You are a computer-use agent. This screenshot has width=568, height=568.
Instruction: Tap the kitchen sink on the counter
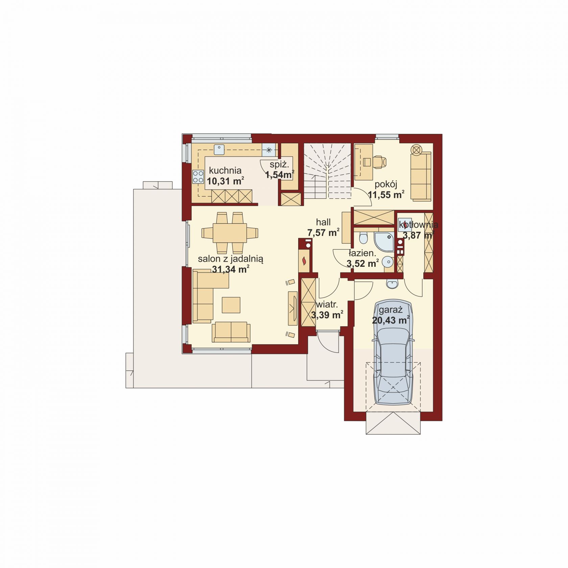pyautogui.click(x=219, y=150)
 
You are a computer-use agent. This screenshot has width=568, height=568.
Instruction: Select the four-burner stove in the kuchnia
pyautogui.click(x=198, y=176)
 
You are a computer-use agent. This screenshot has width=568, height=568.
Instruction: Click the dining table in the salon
pyautogui.click(x=230, y=233)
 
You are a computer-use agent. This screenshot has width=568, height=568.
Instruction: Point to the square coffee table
pyautogui.click(x=231, y=305)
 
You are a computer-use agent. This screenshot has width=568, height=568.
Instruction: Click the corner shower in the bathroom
pyautogui.click(x=384, y=241)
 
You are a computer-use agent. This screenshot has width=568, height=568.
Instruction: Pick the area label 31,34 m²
pyautogui.click(x=231, y=269)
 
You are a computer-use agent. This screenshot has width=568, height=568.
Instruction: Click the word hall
pyautogui.click(x=323, y=222)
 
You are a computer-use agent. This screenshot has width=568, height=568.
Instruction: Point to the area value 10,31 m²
pyautogui.click(x=226, y=181)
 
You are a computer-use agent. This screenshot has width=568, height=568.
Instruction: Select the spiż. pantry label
pyautogui.click(x=279, y=165)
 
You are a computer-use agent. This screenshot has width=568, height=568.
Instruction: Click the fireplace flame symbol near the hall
pyautogui.click(x=304, y=261)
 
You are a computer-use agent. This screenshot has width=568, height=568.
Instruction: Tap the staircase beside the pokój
pyautogui.click(x=327, y=171)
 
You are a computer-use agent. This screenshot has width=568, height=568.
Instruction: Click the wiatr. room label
pyautogui.click(x=327, y=304)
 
